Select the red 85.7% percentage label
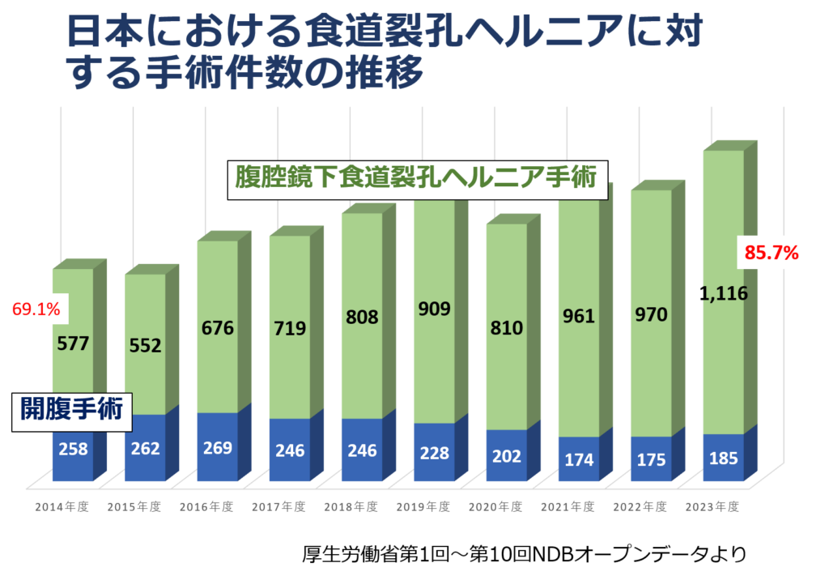772,253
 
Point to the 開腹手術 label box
71,409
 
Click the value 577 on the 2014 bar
73,343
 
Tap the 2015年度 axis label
134,508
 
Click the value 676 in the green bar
217,328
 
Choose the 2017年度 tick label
278,508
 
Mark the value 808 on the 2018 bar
362,317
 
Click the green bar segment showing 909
434,309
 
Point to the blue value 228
434,452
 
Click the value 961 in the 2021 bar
579,316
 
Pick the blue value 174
579,459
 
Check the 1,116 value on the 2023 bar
725,293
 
